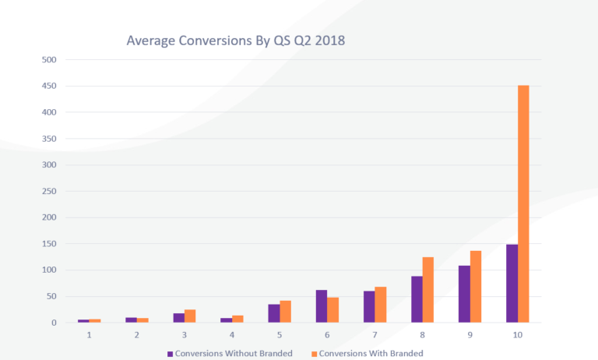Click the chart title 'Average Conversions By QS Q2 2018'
tap(236, 40)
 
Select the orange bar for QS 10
tap(523, 204)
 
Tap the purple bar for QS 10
tap(512, 284)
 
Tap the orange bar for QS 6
tap(333, 310)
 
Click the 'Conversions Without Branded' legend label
tap(234, 353)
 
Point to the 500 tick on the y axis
tap(49, 60)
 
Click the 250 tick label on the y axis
tap(49, 192)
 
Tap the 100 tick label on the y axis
tap(49, 270)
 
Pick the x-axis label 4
tap(231, 335)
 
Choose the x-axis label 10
tap(517, 335)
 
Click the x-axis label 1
tap(89, 335)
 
